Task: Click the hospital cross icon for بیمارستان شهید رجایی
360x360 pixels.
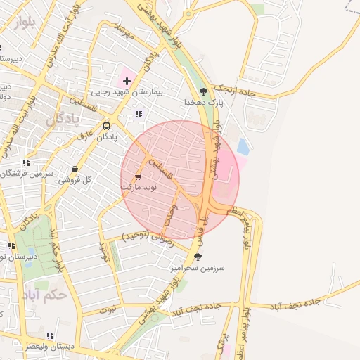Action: [x=127, y=82]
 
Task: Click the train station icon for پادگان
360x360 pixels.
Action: [x=106, y=127]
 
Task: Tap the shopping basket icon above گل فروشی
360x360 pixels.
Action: [x=75, y=169]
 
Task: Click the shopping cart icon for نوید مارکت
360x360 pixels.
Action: [x=138, y=177]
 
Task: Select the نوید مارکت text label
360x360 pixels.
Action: [x=141, y=188]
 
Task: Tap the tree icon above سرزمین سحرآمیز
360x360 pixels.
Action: [x=197, y=257]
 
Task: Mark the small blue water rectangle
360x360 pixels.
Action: [x=243, y=147]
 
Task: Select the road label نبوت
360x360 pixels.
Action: [x=107, y=309]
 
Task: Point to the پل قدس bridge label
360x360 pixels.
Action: [x=206, y=224]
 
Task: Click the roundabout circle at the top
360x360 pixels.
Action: [x=188, y=14]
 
